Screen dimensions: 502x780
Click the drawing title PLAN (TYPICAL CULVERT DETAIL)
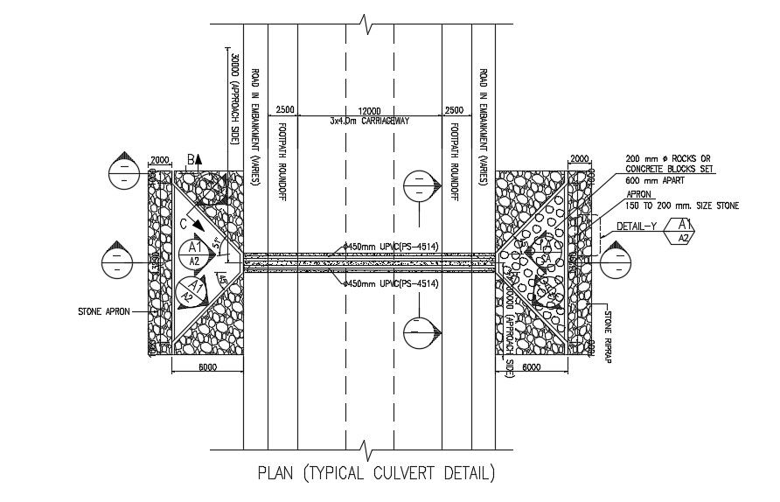[376, 475]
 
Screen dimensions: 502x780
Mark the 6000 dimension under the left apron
[206, 368]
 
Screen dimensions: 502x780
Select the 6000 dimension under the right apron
[532, 368]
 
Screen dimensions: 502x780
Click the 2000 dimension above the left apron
[160, 159]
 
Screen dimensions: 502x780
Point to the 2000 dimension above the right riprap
[580, 159]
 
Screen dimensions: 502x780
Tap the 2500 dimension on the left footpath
[285, 111]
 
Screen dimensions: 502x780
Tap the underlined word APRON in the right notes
[637, 193]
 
